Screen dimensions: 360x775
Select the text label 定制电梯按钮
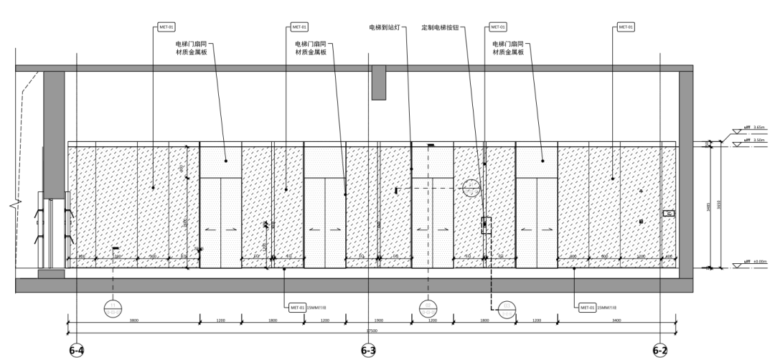point(440,28)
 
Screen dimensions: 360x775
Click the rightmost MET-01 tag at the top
point(626,28)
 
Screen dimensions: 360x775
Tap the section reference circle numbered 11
point(113,308)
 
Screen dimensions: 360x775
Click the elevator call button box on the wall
point(485,225)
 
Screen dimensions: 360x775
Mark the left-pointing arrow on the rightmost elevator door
point(527,230)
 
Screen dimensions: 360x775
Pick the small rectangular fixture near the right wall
point(668,213)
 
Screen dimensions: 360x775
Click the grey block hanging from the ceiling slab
point(378,82)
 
